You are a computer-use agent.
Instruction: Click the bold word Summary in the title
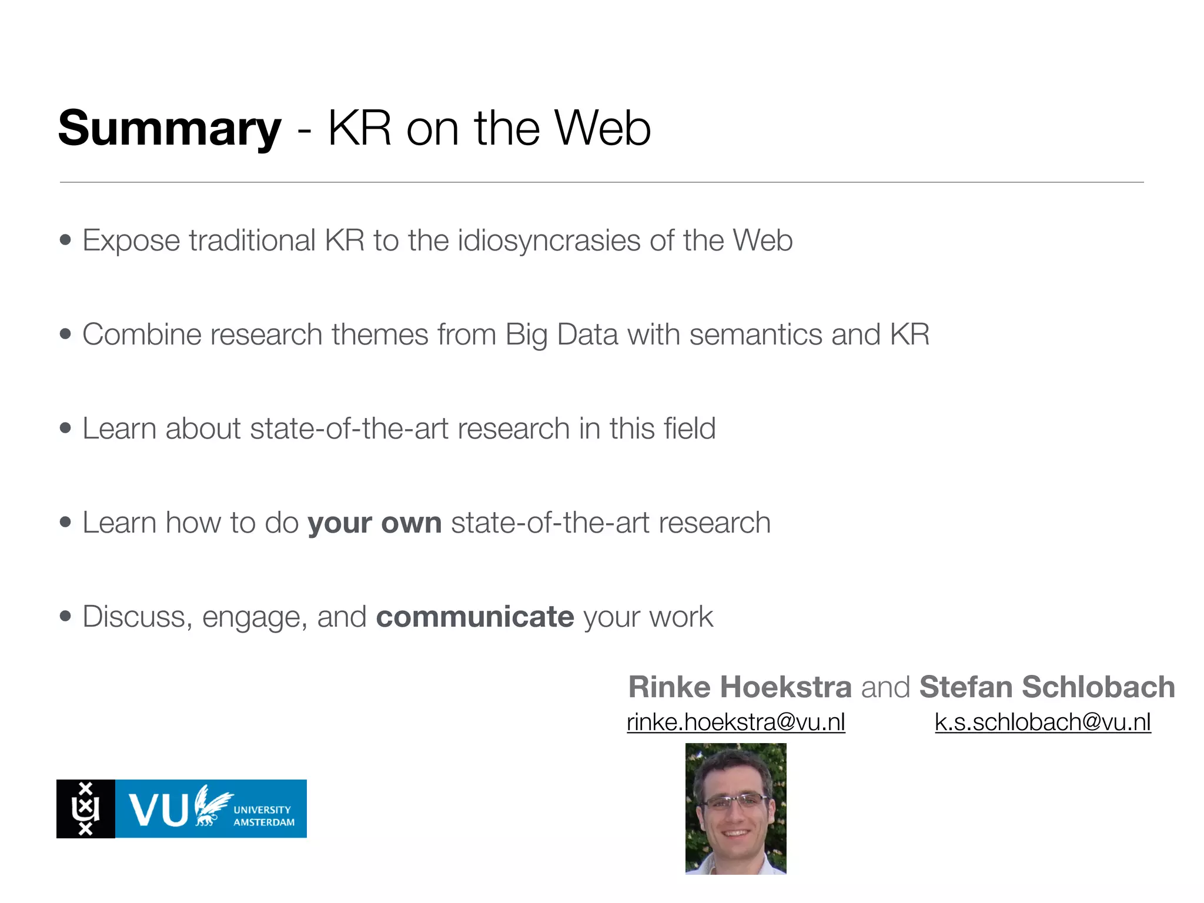(169, 129)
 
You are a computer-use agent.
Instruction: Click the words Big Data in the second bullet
(561, 335)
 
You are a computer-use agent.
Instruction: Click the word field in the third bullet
(689, 429)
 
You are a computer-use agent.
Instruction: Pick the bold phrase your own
(374, 523)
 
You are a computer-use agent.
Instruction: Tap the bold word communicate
(475, 617)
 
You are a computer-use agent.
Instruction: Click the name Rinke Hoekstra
(740, 687)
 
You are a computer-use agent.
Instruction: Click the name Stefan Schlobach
(1047, 687)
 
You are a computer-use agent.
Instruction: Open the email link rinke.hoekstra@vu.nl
(736, 722)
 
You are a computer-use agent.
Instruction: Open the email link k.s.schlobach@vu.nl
(1043, 722)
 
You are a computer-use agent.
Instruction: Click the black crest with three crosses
(86, 809)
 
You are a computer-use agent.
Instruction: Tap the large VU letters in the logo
(158, 810)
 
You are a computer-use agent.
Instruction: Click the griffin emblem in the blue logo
(212, 805)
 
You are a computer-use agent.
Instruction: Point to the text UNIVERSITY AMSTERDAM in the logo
(263, 816)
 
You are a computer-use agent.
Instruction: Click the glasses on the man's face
(735, 801)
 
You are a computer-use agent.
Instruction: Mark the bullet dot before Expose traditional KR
(65, 240)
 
